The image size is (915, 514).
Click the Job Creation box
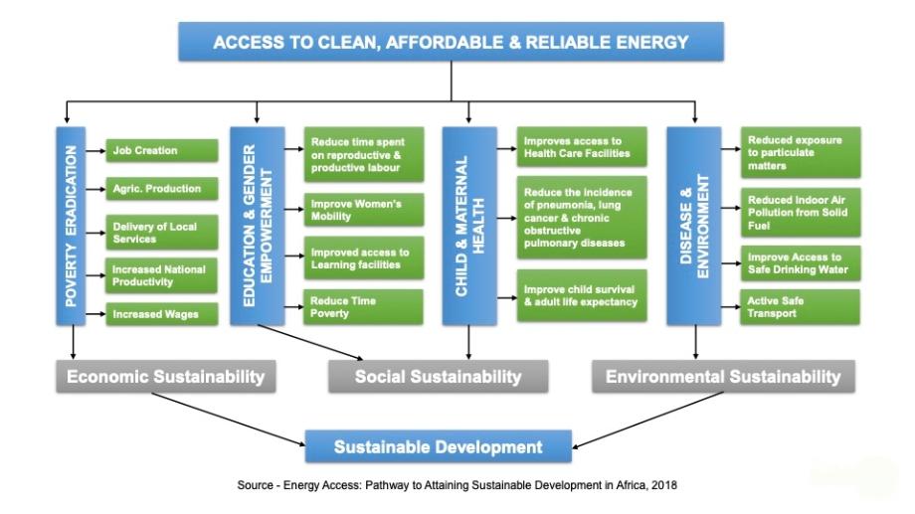tap(162, 150)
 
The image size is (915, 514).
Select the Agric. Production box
tap(162, 189)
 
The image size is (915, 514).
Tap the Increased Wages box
tap(162, 314)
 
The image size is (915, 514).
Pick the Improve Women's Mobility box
tap(364, 210)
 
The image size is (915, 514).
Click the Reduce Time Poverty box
tap(363, 307)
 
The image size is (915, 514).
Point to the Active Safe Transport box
tap(800, 307)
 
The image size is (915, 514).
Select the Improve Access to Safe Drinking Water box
tap(800, 263)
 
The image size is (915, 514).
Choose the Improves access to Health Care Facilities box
tap(582, 147)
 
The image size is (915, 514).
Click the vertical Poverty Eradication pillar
tap(71, 226)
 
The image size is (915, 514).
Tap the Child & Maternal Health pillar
tap(469, 226)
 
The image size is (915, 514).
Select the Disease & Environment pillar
tap(694, 226)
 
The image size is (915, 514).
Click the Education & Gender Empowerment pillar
tap(258, 226)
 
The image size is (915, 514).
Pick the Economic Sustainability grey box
tap(166, 377)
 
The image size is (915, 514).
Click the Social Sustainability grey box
tap(439, 377)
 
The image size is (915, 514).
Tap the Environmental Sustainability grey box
tap(724, 377)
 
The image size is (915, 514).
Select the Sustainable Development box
tap(439, 447)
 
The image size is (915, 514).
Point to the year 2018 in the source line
tap(664, 485)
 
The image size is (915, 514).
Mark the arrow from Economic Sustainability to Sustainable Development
tap(229, 420)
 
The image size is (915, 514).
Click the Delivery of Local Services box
tap(162, 233)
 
